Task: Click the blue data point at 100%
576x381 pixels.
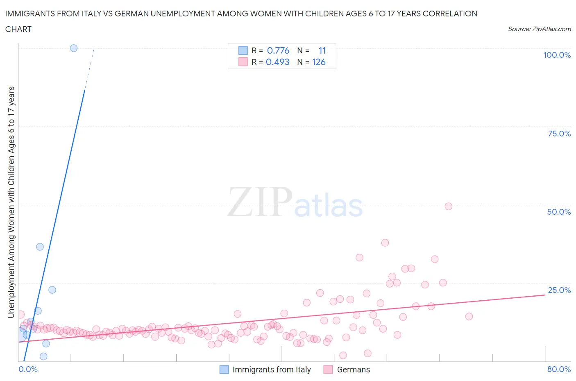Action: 74,48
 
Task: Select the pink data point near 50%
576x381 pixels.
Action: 448,206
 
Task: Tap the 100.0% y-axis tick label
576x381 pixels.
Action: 557,55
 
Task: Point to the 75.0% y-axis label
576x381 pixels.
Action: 559,134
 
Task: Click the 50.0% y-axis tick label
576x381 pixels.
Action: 559,212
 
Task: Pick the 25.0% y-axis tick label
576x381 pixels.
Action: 559,290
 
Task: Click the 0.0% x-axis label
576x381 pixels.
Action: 28,369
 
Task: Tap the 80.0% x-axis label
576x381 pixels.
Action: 559,369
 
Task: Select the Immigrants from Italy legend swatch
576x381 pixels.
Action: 224,370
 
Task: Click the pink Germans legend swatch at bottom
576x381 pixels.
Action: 328,370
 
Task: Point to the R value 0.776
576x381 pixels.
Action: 278,50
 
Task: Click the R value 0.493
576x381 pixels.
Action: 277,62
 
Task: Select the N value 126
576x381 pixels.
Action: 319,62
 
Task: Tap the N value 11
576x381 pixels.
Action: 322,50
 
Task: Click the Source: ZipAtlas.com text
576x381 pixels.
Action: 539,29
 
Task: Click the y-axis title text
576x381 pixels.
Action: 11,202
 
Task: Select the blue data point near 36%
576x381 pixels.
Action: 40,247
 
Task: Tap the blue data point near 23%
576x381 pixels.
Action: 52,290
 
